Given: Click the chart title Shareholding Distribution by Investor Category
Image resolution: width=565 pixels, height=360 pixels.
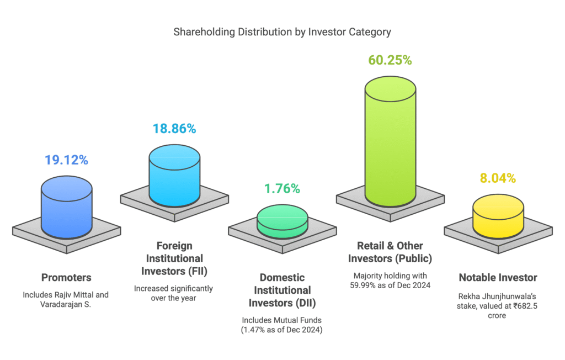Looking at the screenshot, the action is tap(282, 32).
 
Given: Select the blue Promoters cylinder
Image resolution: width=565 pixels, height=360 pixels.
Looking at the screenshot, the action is tap(67, 208).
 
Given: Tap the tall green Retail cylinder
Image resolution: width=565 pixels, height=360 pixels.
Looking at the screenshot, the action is tap(390, 141).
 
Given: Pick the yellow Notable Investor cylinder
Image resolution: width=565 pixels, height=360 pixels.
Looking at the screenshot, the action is tap(498, 216).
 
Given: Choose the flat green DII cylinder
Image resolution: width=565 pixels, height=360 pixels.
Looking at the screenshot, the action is tap(282, 221).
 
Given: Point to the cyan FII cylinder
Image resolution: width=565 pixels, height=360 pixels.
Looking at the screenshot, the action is tap(174, 176).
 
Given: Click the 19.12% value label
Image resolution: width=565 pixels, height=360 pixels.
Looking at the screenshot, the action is tap(66, 160).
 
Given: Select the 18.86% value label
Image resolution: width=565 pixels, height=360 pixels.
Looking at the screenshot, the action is tap(174, 129).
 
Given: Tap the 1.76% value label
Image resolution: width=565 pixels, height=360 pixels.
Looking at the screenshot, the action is tap(282, 189).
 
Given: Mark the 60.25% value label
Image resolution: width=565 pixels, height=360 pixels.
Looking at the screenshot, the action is tap(390, 60).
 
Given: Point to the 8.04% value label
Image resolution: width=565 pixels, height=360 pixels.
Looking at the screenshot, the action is tap(498, 178).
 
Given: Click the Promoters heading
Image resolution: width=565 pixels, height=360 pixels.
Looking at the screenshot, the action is tap(66, 277).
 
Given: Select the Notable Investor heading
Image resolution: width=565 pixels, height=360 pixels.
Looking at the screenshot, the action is tap(498, 277).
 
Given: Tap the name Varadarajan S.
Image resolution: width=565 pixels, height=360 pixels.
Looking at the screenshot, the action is tap(66, 304).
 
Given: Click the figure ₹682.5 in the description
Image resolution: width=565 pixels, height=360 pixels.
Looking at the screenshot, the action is tap(525, 306).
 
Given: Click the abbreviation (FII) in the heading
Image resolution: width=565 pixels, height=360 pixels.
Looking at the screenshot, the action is tap(197, 271).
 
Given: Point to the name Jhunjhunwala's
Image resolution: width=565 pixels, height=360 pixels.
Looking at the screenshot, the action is tap(509, 297).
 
